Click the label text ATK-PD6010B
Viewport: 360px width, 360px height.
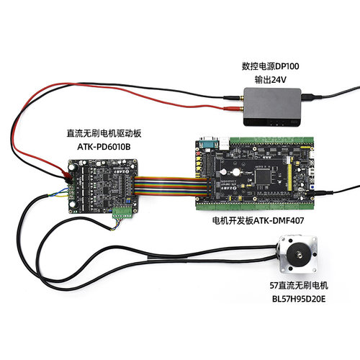[104, 146]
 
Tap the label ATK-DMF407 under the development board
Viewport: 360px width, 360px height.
[279, 220]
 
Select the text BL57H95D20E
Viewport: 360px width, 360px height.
[299, 299]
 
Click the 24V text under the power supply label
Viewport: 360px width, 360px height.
[279, 80]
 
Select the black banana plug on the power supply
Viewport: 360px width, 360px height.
[233, 97]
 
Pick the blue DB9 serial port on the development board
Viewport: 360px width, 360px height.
[208, 144]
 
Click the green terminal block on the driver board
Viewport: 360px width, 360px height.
[122, 212]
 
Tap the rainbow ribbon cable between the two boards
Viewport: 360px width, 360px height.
[170, 186]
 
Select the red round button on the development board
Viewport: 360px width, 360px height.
[198, 153]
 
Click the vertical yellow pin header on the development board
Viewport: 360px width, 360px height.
[289, 174]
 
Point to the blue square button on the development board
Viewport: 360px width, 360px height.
[312, 186]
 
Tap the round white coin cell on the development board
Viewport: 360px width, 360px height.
[235, 172]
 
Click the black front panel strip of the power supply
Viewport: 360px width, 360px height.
[272, 122]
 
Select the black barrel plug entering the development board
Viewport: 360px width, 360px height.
[323, 192]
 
